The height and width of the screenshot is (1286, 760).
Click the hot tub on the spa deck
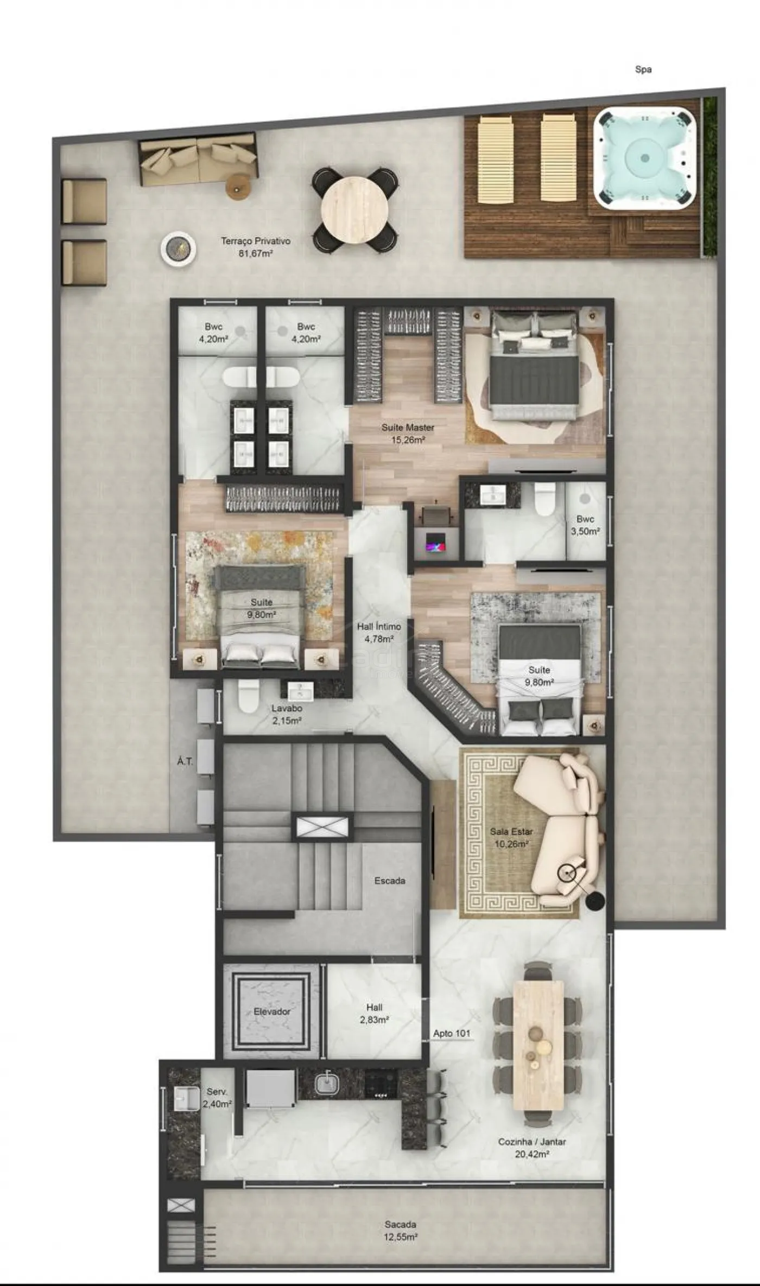644,158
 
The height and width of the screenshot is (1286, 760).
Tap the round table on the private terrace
354,210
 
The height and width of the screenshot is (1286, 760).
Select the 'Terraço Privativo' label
255,241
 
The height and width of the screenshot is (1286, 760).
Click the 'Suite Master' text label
408,428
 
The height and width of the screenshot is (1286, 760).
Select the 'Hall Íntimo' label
379,627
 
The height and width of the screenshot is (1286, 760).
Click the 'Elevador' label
272,1012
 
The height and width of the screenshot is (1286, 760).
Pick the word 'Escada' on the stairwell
390,881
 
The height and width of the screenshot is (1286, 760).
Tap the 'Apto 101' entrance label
452,1034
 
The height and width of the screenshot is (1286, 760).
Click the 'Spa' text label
643,69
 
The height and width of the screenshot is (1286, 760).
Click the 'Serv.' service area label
217,1092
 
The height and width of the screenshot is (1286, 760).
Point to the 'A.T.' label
185,761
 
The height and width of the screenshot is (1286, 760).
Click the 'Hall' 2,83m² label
375,1008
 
